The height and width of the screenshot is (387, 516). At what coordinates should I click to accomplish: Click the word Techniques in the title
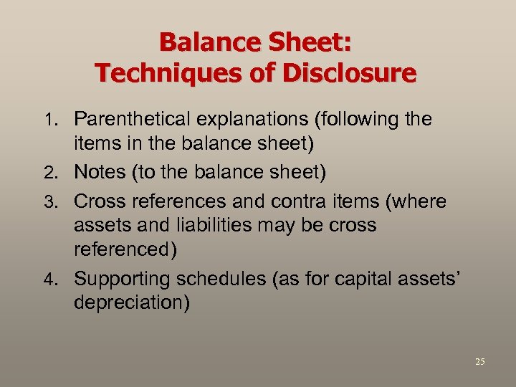[163, 72]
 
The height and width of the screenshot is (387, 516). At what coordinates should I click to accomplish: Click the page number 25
[479, 362]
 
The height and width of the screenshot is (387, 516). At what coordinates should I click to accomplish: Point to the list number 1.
[58, 120]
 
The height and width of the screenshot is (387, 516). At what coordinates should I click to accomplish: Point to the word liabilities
[211, 226]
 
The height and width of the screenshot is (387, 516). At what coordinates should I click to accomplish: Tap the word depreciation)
[131, 302]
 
